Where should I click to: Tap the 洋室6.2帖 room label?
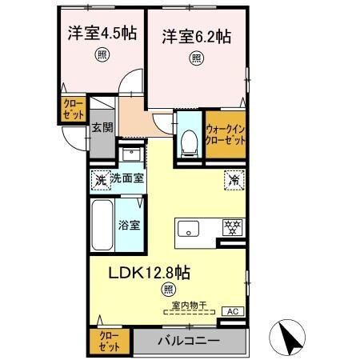[x=196, y=36]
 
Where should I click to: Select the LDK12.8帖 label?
[x=149, y=271]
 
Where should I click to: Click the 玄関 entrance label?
[x=100, y=127]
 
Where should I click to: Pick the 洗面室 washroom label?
[x=127, y=178]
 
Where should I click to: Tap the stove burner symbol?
[x=231, y=227]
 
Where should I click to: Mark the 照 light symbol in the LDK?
[x=168, y=289]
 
